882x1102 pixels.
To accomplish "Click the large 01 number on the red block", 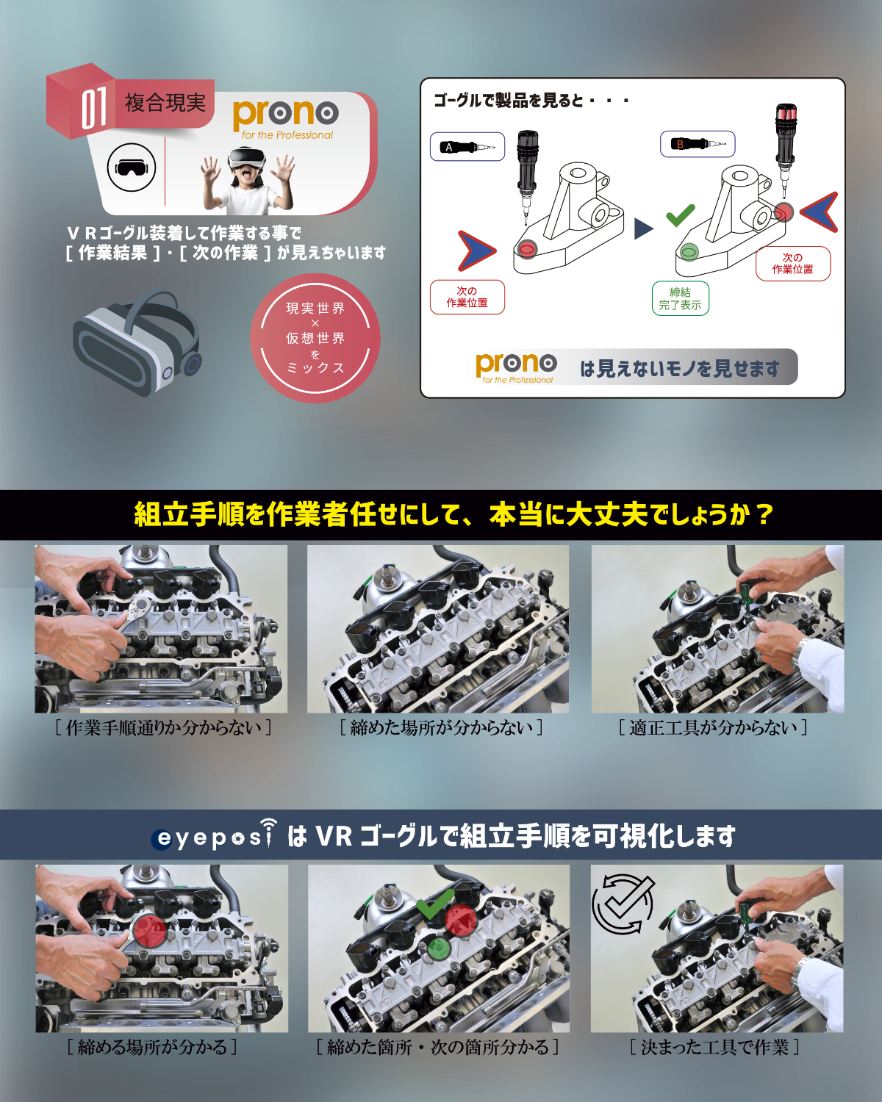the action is click(x=94, y=107).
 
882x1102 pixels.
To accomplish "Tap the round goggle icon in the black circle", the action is click(x=132, y=168).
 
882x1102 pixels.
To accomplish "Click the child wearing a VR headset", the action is click(x=247, y=180).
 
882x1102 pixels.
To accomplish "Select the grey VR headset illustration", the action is click(x=137, y=342).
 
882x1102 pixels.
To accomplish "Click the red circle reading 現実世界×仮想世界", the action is click(x=315, y=338).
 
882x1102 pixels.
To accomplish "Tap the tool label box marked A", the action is click(x=467, y=146).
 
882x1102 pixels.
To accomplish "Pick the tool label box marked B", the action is click(x=698, y=144).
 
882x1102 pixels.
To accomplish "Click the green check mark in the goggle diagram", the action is click(x=681, y=215).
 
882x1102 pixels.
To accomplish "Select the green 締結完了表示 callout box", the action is click(x=680, y=298).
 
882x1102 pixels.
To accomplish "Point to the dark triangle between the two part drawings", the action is click(x=642, y=229).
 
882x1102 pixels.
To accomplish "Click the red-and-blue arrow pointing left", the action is click(x=820, y=212).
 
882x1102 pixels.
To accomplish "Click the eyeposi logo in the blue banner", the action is click(x=214, y=836).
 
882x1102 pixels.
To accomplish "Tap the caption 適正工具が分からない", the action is click(x=713, y=727).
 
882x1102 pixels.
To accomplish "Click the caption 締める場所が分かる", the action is click(x=152, y=1047).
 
